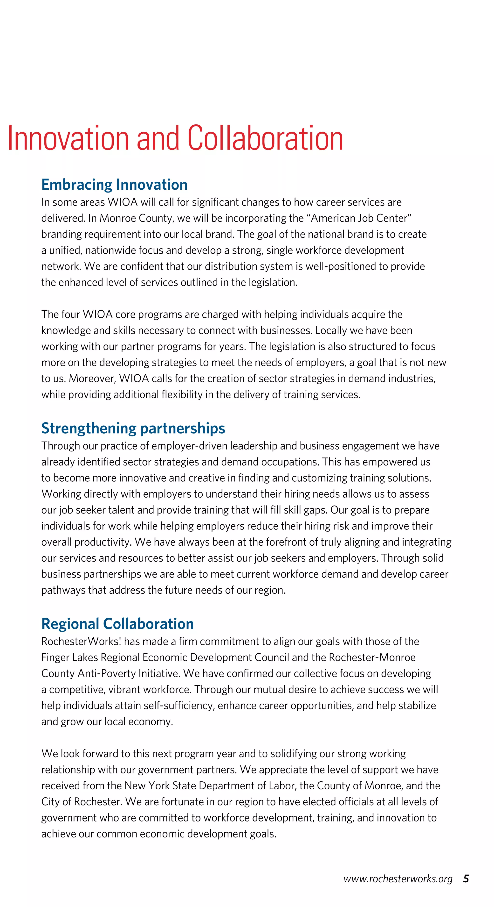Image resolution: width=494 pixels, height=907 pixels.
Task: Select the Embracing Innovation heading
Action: click(x=114, y=185)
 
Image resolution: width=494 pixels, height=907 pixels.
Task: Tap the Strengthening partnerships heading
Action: click(x=133, y=428)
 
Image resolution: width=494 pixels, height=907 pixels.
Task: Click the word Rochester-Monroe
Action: click(x=372, y=657)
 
